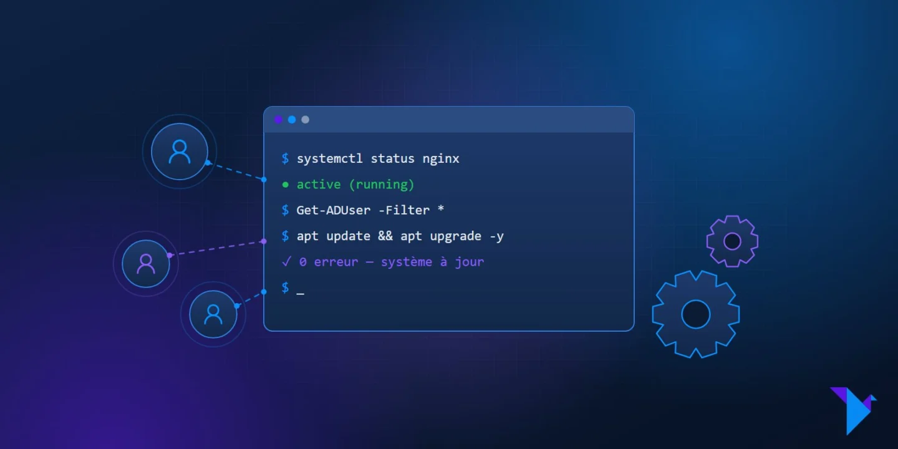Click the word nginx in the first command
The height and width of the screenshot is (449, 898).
pyautogui.click(x=440, y=159)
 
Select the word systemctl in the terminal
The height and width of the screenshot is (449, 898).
pyautogui.click(x=329, y=158)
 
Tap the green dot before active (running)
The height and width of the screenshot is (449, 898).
pyautogui.click(x=285, y=185)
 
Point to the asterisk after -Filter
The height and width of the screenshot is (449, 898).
pyautogui.click(x=440, y=208)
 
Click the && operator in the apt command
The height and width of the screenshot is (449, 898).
pyautogui.click(x=385, y=236)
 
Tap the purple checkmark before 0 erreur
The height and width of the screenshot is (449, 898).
pyautogui.click(x=286, y=262)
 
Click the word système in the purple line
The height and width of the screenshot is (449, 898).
pyautogui.click(x=406, y=262)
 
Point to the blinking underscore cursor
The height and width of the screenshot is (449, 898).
pyautogui.click(x=301, y=294)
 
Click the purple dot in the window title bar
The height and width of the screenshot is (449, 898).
pyautogui.click(x=278, y=120)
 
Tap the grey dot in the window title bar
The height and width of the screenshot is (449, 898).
pyautogui.click(x=305, y=120)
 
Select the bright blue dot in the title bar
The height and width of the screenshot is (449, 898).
pyautogui.click(x=292, y=120)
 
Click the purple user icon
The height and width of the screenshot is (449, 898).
pyautogui.click(x=146, y=264)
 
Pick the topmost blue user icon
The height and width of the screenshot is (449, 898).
pyautogui.click(x=180, y=152)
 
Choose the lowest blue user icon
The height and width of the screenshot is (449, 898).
pyautogui.click(x=213, y=314)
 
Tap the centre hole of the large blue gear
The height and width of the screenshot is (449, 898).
pyautogui.click(x=696, y=314)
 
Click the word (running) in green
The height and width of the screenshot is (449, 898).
pyautogui.click(x=381, y=185)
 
